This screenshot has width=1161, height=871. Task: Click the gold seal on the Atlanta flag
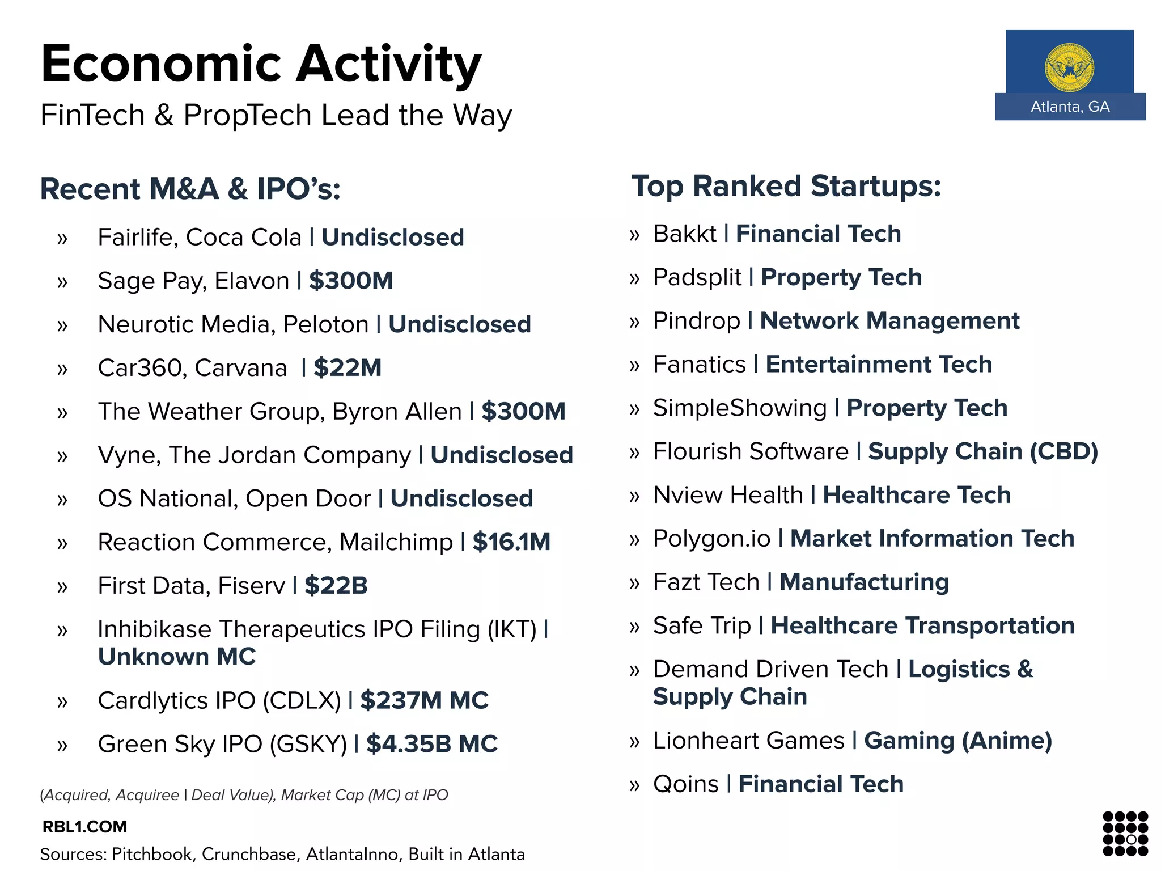[x=1069, y=67]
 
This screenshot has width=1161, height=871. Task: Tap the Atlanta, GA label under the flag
[x=1070, y=107]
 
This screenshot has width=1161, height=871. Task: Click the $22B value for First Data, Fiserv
[x=336, y=586]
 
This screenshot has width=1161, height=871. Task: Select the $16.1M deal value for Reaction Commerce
[x=511, y=542]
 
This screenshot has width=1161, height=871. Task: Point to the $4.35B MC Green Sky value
[x=431, y=744]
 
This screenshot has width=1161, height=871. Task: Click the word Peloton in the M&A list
[x=325, y=324]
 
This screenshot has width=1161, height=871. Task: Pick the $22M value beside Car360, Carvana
[x=348, y=368]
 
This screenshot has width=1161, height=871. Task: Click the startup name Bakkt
[x=685, y=234]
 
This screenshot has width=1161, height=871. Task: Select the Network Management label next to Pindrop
[x=889, y=321]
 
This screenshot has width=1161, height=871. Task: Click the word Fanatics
[x=699, y=365]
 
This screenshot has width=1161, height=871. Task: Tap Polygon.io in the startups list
[x=711, y=539]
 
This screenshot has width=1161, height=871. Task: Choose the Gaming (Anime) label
[x=957, y=741]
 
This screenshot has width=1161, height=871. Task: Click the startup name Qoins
[x=685, y=784]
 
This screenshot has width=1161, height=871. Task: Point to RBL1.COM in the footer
[x=85, y=827]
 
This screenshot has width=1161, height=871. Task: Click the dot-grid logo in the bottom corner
[x=1125, y=833]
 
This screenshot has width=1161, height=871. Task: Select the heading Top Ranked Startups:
[x=786, y=186]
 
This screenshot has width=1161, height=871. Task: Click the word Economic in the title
[x=161, y=64]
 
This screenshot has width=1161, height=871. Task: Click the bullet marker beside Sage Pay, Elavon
[x=62, y=282]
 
